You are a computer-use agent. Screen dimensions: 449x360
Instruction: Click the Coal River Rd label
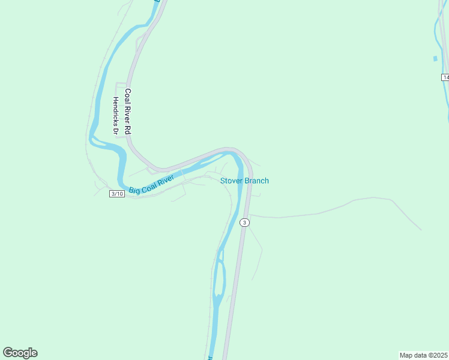127,112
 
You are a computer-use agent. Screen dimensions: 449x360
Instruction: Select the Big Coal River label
151,184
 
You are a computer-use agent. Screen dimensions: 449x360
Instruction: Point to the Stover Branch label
244,181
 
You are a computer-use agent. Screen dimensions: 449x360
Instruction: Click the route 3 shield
244,223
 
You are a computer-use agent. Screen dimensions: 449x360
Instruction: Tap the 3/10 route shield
117,193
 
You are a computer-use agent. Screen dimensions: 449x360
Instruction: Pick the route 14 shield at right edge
445,77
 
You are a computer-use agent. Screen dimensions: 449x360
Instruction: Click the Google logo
20,353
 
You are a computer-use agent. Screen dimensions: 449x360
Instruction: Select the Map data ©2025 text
423,355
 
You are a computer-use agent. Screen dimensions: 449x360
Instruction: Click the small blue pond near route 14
435,59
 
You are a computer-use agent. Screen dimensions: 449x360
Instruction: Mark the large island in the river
220,282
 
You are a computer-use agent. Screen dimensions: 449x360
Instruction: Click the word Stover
231,181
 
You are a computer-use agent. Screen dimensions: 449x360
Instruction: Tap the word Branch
256,181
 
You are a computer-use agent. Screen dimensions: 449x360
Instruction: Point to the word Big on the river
134,190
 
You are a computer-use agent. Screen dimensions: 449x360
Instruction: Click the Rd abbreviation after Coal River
127,130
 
